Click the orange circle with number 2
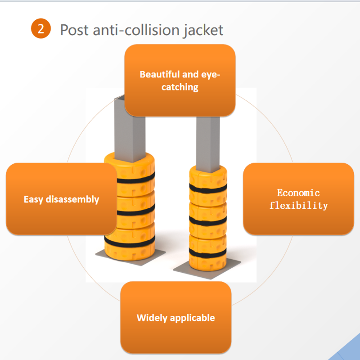(x=41, y=29)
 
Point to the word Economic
(x=298, y=193)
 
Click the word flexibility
(x=298, y=206)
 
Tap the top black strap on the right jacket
(x=208, y=189)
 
